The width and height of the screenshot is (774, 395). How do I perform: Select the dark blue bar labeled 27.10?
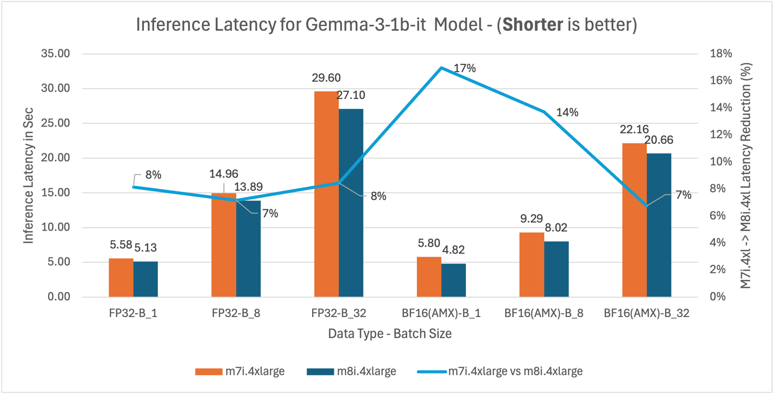351,202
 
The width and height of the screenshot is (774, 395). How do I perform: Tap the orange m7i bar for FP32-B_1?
121,278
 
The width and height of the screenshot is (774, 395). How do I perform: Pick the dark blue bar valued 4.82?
454,280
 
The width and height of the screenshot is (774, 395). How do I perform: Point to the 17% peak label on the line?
465,69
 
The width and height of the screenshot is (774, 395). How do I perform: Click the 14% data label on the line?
567,113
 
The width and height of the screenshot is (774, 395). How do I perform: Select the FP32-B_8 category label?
236,313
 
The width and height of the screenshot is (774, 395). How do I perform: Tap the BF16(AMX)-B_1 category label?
441,313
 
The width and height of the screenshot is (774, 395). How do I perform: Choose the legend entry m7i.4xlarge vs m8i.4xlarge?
500,371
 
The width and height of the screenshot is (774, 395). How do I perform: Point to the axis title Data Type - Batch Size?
389,334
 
